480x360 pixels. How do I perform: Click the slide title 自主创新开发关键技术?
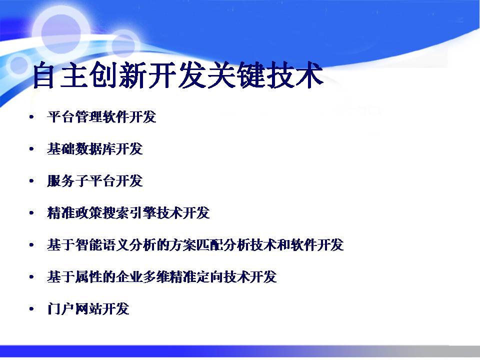(x=178, y=75)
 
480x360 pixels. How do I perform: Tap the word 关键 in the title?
(x=235, y=75)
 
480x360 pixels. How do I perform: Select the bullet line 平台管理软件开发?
(x=101, y=117)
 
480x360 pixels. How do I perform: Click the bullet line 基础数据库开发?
(x=95, y=149)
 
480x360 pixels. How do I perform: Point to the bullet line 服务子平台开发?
(x=95, y=181)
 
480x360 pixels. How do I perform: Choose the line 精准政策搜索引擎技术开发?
(x=128, y=213)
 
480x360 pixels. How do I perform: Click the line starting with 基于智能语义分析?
(x=195, y=245)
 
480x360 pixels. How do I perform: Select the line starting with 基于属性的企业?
(x=162, y=277)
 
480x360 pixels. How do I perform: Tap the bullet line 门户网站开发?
(x=88, y=309)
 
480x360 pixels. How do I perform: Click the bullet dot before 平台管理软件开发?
(x=31, y=117)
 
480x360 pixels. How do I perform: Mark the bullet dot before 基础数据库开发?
(x=31, y=149)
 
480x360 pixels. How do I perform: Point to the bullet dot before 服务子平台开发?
(x=31, y=181)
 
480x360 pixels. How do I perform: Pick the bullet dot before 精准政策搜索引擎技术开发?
(x=31, y=213)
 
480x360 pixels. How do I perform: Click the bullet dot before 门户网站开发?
(x=31, y=309)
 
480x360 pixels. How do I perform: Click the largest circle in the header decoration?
(x=61, y=33)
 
